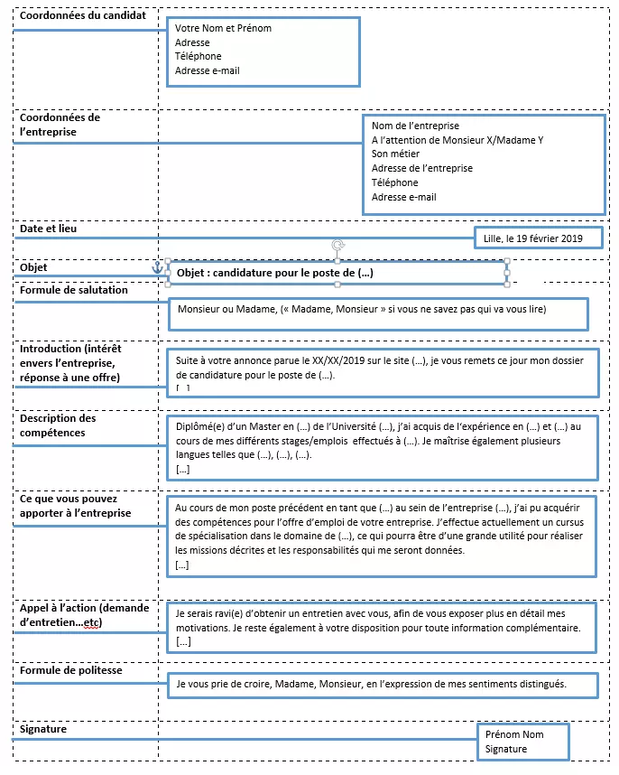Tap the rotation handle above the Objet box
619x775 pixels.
tap(337, 245)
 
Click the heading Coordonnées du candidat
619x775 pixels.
tap(83, 15)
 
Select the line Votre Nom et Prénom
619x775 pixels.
tap(223, 28)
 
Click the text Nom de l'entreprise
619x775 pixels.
tap(415, 126)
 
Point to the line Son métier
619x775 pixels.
tap(395, 154)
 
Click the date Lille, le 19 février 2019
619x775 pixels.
tap(533, 238)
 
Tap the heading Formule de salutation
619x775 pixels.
tap(74, 290)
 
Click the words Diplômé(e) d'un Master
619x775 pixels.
tap(227, 427)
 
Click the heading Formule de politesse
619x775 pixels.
tap(70, 671)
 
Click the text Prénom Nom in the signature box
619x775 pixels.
tap(514, 734)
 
